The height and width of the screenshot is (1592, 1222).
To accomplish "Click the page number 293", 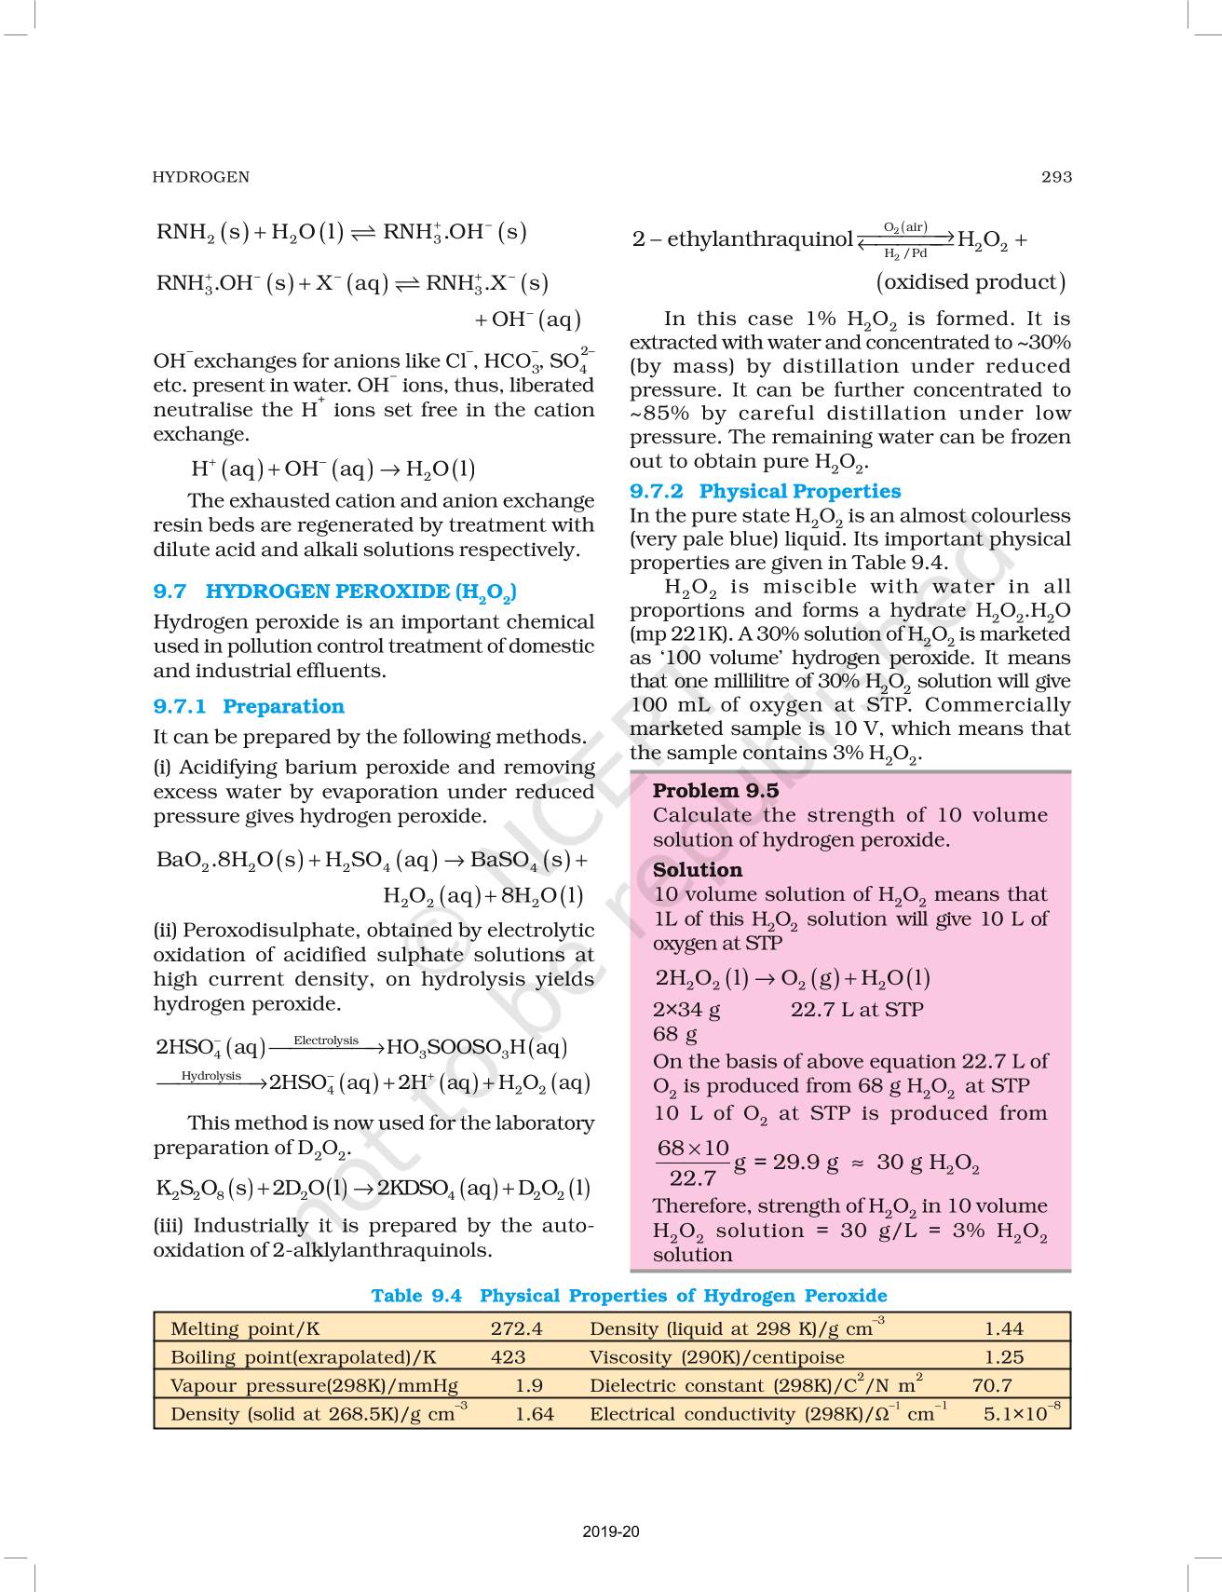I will [x=1056, y=177].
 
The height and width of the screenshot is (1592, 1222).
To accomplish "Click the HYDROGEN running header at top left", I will [x=201, y=177].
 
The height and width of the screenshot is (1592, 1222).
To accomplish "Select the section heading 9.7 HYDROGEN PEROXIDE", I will [x=335, y=592].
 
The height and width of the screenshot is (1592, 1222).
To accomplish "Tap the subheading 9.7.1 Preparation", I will [x=249, y=706].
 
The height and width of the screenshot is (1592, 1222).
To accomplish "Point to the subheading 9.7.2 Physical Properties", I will [x=765, y=491].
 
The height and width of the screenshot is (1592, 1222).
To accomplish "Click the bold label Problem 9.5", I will [x=715, y=791].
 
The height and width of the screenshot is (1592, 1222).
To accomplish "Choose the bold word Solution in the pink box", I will [x=698, y=870].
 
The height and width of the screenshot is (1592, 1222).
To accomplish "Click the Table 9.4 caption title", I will [x=629, y=1296].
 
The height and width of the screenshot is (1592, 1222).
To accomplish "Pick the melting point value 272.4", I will [x=516, y=1328].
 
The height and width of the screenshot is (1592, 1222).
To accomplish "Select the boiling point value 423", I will [x=508, y=1357].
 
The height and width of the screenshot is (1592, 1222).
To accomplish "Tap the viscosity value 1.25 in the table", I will [x=1003, y=1357].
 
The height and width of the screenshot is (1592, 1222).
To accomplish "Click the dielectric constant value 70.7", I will [x=992, y=1385].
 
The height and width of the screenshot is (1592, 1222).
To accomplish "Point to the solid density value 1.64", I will [x=534, y=1414].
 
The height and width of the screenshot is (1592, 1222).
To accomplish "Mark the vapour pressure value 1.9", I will [x=528, y=1385].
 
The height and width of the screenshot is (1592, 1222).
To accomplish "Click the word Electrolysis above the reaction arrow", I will [x=326, y=1040].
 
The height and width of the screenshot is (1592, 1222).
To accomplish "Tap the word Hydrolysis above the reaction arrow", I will [x=211, y=1075].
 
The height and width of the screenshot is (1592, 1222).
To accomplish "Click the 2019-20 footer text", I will [x=611, y=1531].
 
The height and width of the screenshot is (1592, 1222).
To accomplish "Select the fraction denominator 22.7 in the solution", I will [x=692, y=1178].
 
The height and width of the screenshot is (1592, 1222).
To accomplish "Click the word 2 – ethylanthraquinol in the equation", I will [x=742, y=239].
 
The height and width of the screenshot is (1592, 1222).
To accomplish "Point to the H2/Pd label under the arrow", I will [x=905, y=253].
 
